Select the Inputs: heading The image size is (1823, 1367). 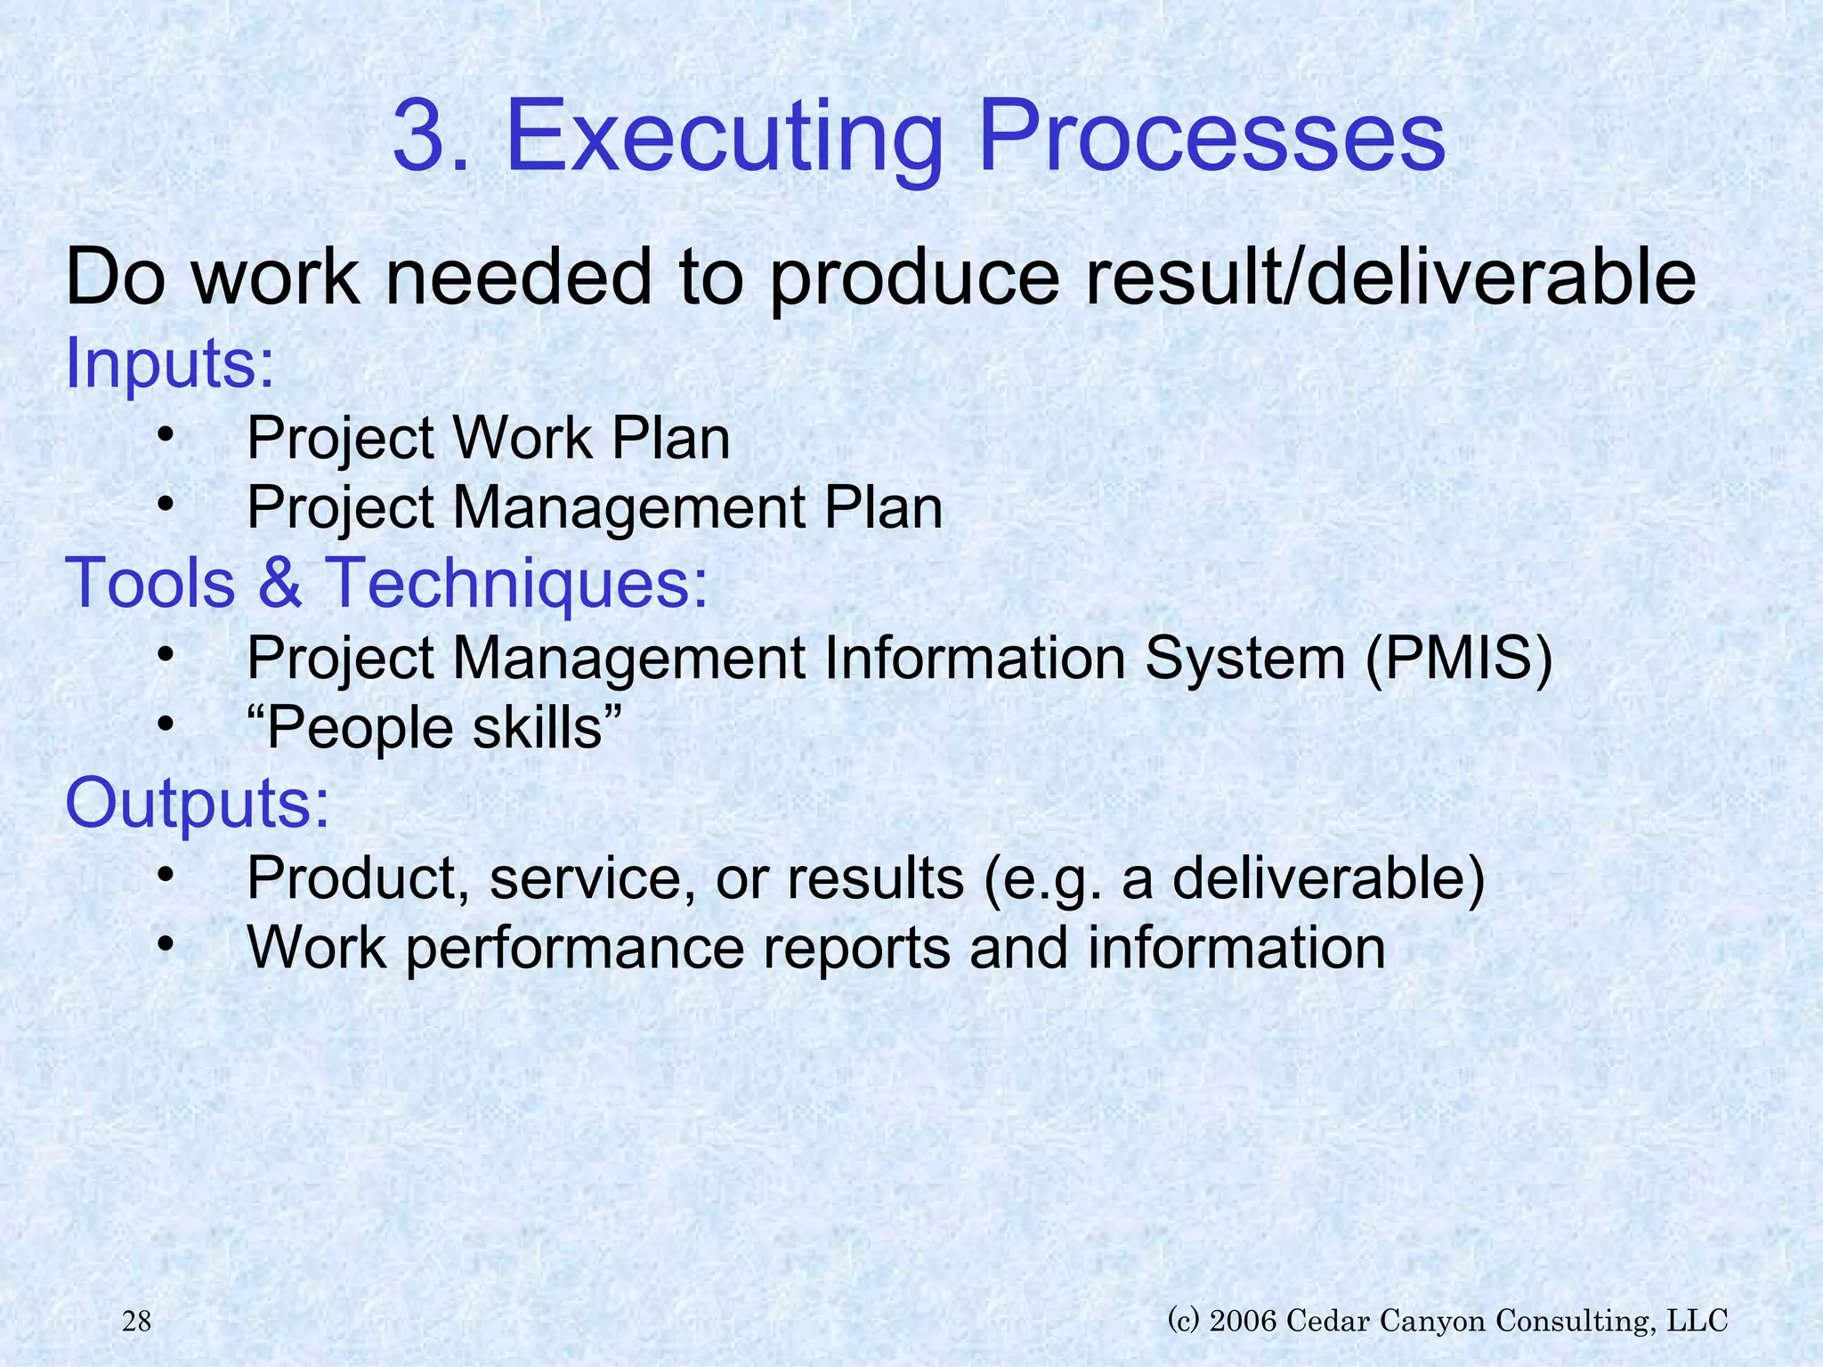[170, 363]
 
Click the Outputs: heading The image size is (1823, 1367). [198, 803]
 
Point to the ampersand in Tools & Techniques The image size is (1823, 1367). [280, 583]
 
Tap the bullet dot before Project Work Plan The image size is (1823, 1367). [165, 435]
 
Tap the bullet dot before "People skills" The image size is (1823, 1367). [165, 724]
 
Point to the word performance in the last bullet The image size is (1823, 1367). [575, 949]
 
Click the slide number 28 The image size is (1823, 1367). [136, 1322]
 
